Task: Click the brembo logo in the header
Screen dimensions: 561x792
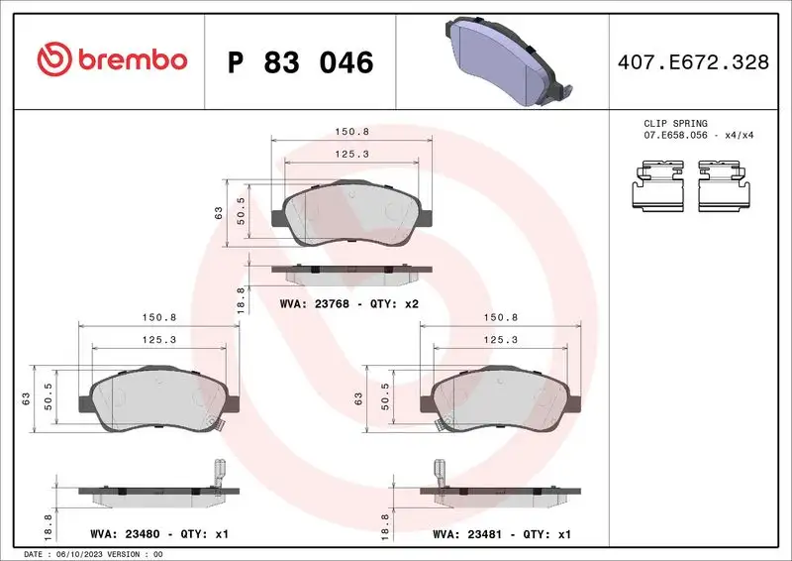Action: (112, 60)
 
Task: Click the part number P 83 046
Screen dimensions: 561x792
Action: (300, 62)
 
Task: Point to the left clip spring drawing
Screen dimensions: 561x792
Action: (659, 186)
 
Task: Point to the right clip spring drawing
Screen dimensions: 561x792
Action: (726, 186)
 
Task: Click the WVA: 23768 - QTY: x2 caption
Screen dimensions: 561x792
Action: (350, 303)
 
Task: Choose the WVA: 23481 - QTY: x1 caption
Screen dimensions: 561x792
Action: (501, 534)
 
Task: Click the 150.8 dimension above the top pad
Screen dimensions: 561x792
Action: (349, 130)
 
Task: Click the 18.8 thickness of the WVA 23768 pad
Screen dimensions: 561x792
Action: (241, 299)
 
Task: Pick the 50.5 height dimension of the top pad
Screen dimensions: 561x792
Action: (242, 210)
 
